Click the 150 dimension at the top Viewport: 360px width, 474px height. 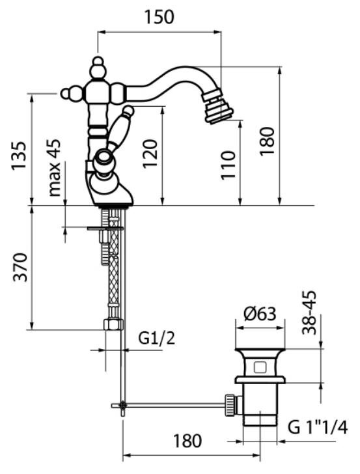point(159,17)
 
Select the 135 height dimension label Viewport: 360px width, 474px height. point(19,156)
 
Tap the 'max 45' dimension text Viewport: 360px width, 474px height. point(55,168)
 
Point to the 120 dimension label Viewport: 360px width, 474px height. point(150,154)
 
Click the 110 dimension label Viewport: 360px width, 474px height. point(228,165)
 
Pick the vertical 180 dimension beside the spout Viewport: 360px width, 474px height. point(267,141)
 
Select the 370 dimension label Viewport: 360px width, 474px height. point(20,267)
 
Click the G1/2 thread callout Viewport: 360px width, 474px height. point(157,339)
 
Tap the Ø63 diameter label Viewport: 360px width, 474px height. point(260,314)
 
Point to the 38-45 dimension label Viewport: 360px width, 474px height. point(309,313)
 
